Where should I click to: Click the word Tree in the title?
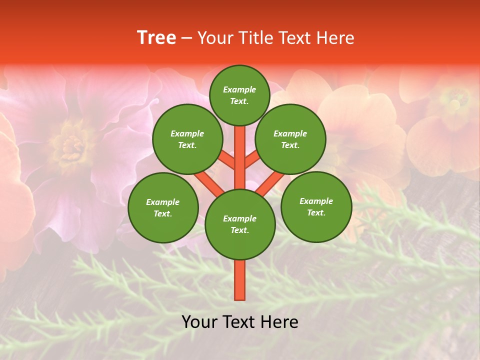tap(156, 38)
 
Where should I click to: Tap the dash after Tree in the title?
tap(186, 38)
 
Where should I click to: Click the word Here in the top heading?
tap(335, 38)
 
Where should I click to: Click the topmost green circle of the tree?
tap(239, 95)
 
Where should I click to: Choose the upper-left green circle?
tap(187, 139)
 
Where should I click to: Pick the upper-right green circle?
tap(290, 139)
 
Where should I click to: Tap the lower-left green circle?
tap(163, 207)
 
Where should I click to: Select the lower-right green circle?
tap(316, 206)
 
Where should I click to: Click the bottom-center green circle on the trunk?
tap(240, 224)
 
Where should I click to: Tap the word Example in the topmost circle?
tap(239, 89)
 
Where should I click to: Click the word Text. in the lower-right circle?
tap(316, 212)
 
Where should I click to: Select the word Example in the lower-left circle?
tap(162, 202)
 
